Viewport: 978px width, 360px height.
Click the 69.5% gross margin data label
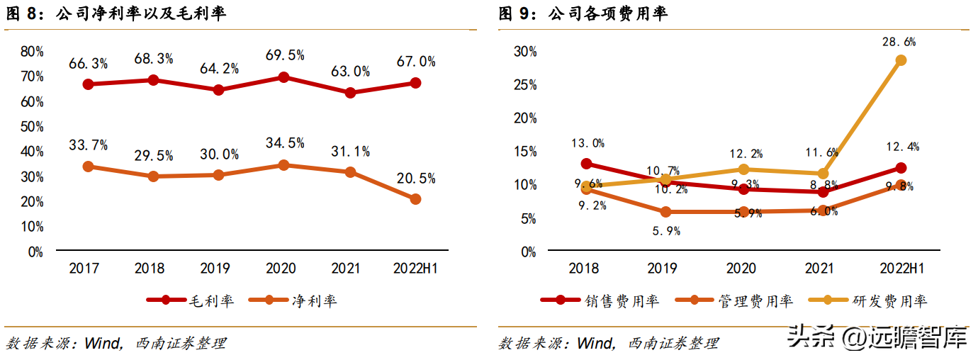pyautogui.click(x=284, y=55)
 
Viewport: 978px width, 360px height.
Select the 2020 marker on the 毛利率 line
pyautogui.click(x=284, y=77)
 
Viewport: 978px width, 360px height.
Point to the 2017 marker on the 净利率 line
pyautogui.click(x=89, y=167)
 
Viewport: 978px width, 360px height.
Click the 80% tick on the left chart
pyautogui.click(x=32, y=52)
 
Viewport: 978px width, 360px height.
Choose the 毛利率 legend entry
pyautogui.click(x=189, y=300)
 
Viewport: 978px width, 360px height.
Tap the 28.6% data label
pyautogui.click(x=900, y=42)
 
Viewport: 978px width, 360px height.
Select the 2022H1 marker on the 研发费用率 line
pyautogui.click(x=901, y=60)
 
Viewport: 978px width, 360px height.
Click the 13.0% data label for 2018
pyautogui.click(x=587, y=143)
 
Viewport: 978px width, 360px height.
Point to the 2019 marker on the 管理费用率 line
pyautogui.click(x=665, y=212)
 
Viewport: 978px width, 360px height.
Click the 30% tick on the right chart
pyautogui.click(x=525, y=52)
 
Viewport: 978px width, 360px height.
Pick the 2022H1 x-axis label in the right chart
pyautogui.click(x=900, y=269)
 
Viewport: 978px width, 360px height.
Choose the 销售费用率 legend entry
pyautogui.click(x=600, y=300)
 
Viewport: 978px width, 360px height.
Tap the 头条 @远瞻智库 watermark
pyautogui.click(x=878, y=338)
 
